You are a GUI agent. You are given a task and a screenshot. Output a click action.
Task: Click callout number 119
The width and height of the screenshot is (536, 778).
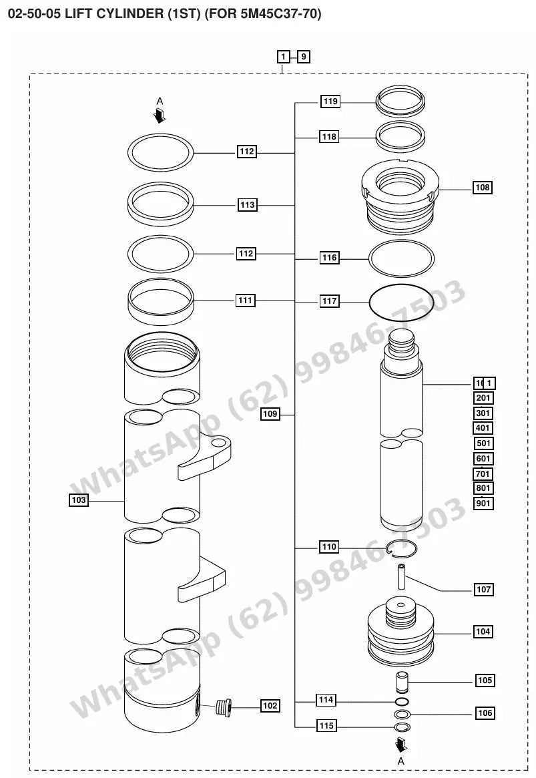coord(330,102)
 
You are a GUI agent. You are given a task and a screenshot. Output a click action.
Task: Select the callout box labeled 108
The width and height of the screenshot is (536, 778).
coord(482,188)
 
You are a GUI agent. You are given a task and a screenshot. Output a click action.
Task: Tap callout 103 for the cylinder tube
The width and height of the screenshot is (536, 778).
coord(79,500)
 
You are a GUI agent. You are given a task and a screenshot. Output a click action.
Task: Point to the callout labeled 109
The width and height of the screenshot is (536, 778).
coord(270,414)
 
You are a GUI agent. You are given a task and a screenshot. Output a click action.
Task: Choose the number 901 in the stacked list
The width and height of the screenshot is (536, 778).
coord(483,503)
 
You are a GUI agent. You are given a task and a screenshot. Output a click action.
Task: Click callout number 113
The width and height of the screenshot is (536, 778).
coord(247,205)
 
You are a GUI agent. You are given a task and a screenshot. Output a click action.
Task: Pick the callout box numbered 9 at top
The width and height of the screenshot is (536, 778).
coord(304,57)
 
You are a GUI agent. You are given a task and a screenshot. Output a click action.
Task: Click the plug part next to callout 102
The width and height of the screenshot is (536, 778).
coord(224,706)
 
